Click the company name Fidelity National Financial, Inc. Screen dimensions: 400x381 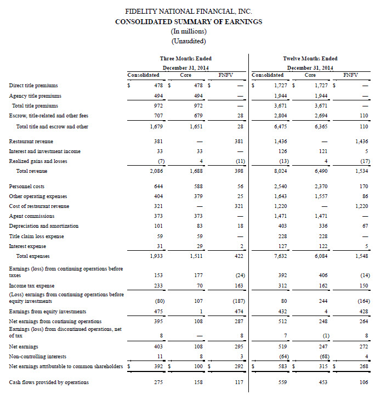point(189,12)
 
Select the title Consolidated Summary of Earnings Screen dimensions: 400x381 point(189,21)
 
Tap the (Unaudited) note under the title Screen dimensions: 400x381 point(189,41)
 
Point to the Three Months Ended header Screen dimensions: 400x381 point(185,58)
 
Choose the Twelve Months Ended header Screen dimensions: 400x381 point(310,58)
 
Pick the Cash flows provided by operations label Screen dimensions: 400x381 point(49,382)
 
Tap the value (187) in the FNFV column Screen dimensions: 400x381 point(237,301)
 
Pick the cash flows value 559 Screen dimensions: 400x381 point(278,382)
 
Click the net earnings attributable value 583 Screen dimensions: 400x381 point(278,365)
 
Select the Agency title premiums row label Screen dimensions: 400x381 point(33,95)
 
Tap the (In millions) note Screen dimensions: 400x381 point(189,31)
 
